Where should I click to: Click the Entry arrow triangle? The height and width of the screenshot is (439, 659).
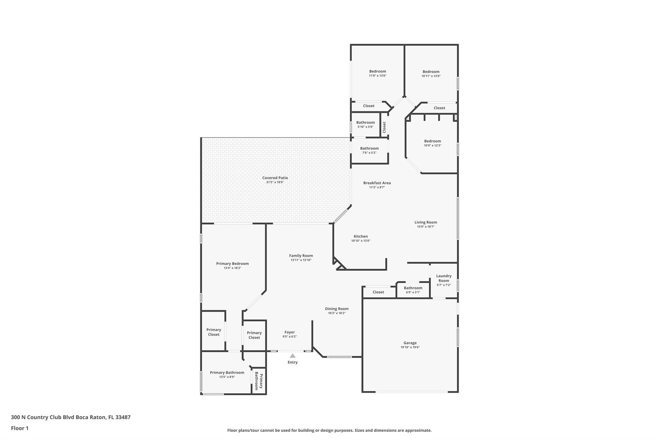(x=292, y=356)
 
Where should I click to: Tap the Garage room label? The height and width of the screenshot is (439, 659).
(x=410, y=343)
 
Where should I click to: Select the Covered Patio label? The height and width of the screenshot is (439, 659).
(x=275, y=178)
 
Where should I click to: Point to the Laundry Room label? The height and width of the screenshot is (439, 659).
(x=444, y=278)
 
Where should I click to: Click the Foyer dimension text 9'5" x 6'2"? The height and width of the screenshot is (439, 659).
(x=290, y=337)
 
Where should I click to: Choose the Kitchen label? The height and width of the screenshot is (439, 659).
(x=361, y=236)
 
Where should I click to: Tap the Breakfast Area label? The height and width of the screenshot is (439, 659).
(x=377, y=183)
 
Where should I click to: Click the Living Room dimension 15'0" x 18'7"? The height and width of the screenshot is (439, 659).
(x=426, y=227)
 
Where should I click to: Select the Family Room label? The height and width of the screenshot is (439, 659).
(x=301, y=256)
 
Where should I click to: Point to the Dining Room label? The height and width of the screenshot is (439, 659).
(x=337, y=309)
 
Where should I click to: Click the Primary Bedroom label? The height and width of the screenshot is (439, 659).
(x=232, y=264)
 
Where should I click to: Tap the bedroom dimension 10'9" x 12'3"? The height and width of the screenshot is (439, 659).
(x=432, y=145)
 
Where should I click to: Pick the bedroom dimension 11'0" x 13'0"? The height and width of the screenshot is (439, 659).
(x=377, y=76)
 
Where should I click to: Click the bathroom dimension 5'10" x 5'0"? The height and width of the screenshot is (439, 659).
(x=365, y=127)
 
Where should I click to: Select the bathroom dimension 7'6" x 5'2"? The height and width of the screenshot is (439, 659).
(x=369, y=153)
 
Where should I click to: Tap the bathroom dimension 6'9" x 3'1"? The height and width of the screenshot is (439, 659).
(x=413, y=292)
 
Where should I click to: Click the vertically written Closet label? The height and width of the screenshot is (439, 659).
(x=384, y=127)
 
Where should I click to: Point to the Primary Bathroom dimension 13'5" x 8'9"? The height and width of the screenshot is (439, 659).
(x=227, y=377)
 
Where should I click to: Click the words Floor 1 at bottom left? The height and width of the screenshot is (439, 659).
(x=20, y=428)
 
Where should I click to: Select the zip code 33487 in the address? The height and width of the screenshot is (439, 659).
(x=123, y=417)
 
